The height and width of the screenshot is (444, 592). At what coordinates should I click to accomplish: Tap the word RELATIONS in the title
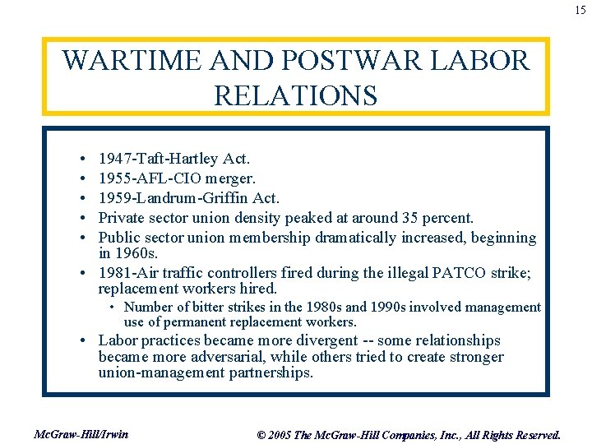(295, 95)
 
